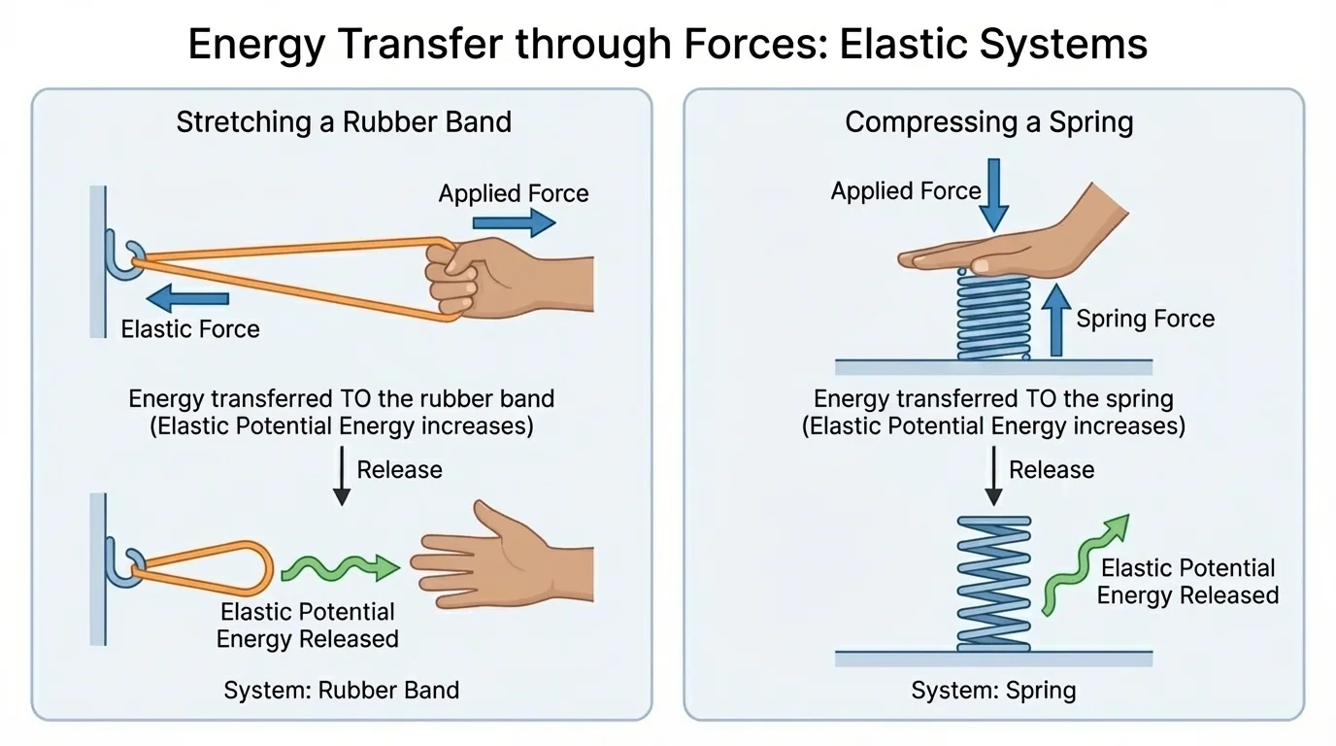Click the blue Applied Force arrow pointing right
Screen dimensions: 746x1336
[x=513, y=223]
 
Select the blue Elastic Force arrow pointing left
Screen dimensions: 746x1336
[x=187, y=298]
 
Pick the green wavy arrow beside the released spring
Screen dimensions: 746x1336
[x=1082, y=564]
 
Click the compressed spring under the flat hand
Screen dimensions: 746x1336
[x=993, y=315]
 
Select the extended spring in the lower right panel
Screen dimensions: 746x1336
[x=993, y=583]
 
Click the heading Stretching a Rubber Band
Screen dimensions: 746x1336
[x=343, y=122]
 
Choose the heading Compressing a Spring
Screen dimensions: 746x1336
[x=988, y=122]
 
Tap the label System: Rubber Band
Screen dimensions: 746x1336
[x=341, y=691]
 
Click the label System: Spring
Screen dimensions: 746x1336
[x=993, y=691]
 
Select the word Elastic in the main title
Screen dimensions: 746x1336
[x=900, y=45]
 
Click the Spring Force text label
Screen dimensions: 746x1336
[x=1145, y=319]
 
